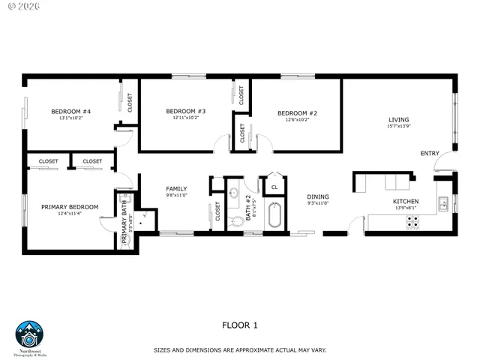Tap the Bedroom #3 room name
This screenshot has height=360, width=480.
[185, 111]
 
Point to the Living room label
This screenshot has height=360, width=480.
[398, 119]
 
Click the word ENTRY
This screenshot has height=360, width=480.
[429, 154]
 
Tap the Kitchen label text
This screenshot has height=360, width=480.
[406, 202]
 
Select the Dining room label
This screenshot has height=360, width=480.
[318, 197]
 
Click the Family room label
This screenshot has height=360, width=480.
[176, 189]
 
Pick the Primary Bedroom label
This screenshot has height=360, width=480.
[70, 207]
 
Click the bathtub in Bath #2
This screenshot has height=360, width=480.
[274, 216]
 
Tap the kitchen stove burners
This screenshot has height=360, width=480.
[412, 222]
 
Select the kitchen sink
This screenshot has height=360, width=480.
[444, 202]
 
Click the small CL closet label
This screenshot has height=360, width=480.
[274, 187]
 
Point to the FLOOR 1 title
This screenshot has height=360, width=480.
[239, 325]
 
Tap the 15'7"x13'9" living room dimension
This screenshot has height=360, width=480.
[398, 126]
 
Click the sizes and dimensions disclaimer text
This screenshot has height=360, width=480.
[240, 349]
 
